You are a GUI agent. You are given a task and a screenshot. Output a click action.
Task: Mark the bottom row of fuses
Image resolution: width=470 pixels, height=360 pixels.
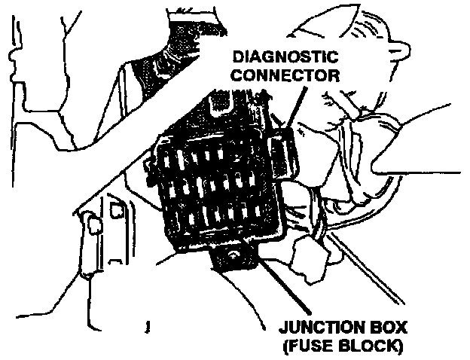[x=218, y=218]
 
